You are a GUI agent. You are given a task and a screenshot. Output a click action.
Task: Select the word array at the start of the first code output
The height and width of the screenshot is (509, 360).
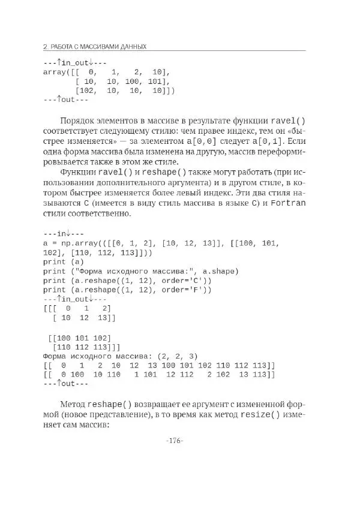(x=55, y=72)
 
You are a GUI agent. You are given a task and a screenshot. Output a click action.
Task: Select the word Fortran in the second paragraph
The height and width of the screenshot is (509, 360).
(x=288, y=203)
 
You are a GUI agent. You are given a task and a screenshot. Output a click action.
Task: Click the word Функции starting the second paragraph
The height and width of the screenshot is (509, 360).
(x=78, y=171)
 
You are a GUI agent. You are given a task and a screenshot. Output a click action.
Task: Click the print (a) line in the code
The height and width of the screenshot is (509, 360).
(x=64, y=261)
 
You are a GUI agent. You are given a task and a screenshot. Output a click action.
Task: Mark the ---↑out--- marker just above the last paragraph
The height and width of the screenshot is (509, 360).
(x=66, y=384)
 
